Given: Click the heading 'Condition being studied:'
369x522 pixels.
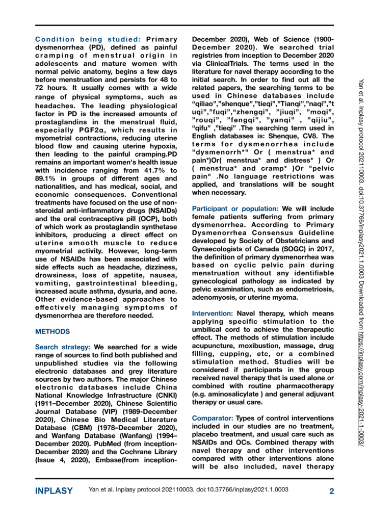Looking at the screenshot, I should pyautogui.click(x=89, y=39).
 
